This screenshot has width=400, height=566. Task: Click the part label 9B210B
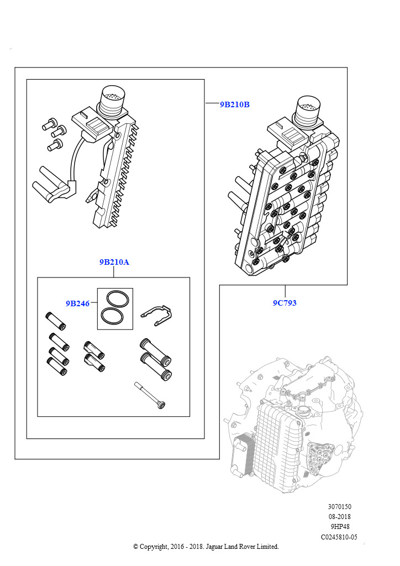(x=235, y=104)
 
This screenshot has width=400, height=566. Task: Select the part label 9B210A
(x=114, y=262)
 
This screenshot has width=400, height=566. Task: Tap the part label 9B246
(x=77, y=303)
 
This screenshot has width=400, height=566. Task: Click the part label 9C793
(x=285, y=303)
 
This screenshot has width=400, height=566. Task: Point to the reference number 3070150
(x=339, y=506)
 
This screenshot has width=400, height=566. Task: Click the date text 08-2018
(x=339, y=517)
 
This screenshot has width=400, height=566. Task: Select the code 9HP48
(x=339, y=527)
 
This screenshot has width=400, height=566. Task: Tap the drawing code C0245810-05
(x=339, y=537)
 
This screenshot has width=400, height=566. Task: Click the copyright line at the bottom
(x=206, y=547)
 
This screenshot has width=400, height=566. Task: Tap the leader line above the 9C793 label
(x=285, y=291)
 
